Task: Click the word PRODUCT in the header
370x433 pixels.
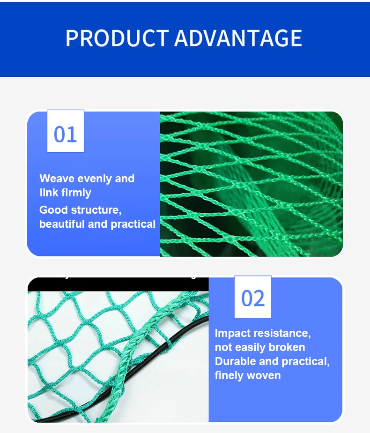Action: click(x=117, y=38)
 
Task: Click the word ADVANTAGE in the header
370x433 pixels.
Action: click(x=238, y=38)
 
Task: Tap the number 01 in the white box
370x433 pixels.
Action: click(x=65, y=134)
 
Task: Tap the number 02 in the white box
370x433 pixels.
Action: click(x=253, y=299)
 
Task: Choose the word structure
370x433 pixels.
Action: click(x=96, y=210)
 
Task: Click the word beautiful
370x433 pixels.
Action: click(x=62, y=224)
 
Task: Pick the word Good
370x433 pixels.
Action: click(x=53, y=210)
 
